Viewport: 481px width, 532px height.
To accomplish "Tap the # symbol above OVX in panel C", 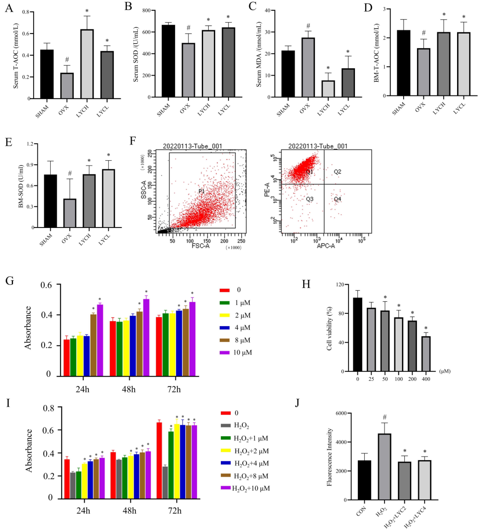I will (308, 26).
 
